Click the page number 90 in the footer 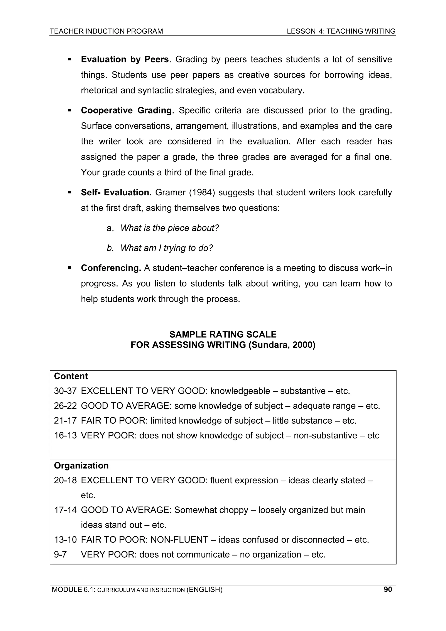click(388, 589)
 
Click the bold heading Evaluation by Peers click(125, 59)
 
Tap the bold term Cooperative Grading click(126, 110)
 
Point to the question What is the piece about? click(170, 228)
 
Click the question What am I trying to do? click(167, 248)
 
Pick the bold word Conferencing click(111, 268)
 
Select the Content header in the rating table click(71, 376)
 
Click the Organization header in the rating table click(81, 465)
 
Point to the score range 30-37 click(65, 391)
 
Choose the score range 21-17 click(65, 420)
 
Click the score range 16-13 click(65, 435)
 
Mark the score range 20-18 click(65, 480)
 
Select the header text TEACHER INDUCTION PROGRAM click(106, 31)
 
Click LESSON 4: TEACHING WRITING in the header click(341, 31)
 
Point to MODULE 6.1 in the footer click(73, 589)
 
